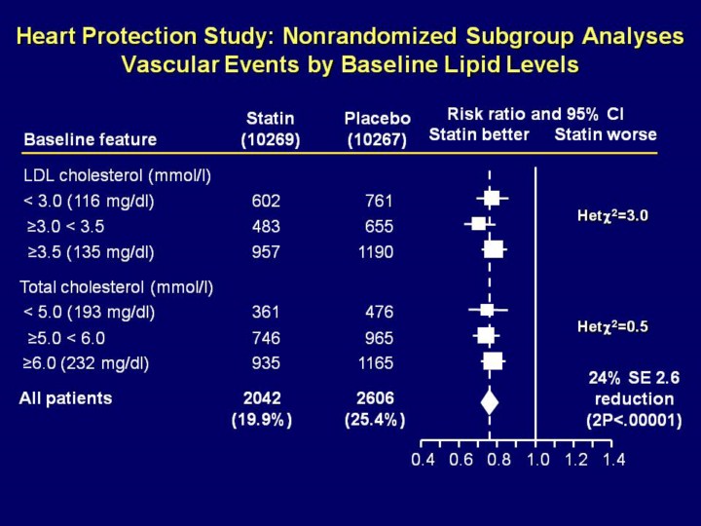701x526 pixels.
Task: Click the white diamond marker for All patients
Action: (490, 399)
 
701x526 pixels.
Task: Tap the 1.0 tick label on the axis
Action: (537, 460)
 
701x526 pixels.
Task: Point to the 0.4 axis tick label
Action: (423, 460)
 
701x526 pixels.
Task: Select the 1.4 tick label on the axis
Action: (613, 460)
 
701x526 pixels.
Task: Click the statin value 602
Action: (265, 202)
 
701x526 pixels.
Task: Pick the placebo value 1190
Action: (375, 252)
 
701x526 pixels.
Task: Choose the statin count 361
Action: (265, 313)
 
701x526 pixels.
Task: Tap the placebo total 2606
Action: (375, 398)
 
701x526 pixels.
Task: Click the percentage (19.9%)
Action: (261, 421)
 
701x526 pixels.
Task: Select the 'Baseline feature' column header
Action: (90, 139)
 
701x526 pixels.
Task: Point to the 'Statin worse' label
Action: (606, 134)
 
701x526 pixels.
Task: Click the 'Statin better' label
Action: (479, 134)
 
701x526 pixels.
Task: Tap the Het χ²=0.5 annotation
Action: (612, 327)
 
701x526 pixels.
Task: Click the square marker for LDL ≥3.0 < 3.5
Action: (478, 224)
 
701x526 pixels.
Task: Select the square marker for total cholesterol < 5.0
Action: (487, 311)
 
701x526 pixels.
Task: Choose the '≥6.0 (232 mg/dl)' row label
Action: (87, 364)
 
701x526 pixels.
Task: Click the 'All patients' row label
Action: (65, 398)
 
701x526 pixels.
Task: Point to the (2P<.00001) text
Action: (633, 421)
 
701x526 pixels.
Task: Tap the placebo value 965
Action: (379, 339)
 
